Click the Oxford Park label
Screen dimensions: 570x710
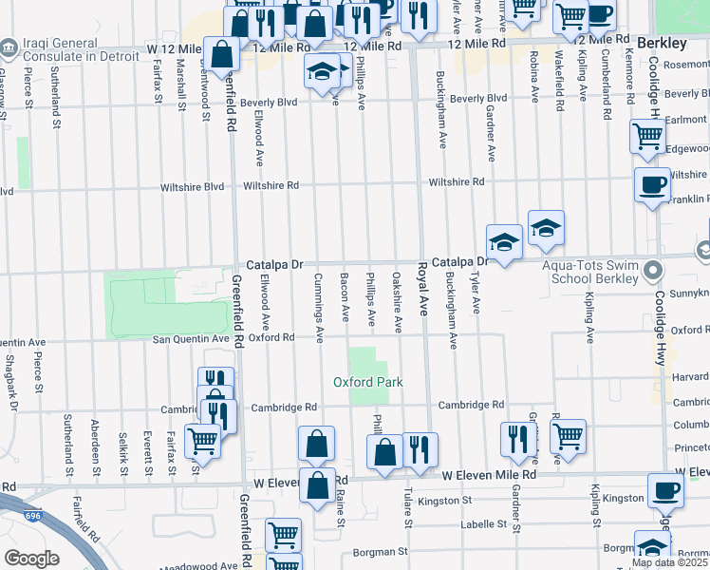pos(367,382)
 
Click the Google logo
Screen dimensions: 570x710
pos(31,559)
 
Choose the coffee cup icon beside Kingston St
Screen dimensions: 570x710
pos(664,491)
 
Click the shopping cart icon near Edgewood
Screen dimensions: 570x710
pos(647,135)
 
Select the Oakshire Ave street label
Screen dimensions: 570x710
pos(398,303)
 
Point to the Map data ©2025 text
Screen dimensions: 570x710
pos(669,562)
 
